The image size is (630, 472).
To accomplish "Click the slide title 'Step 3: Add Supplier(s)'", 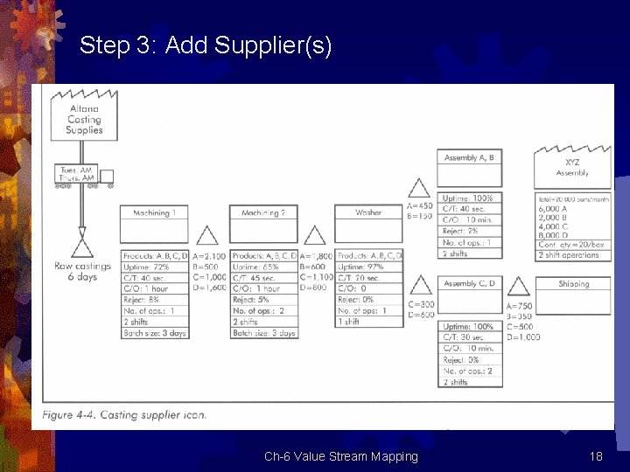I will (x=206, y=45).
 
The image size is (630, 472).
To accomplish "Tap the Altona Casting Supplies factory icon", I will (x=84, y=118).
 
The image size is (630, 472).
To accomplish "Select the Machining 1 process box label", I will (x=154, y=213).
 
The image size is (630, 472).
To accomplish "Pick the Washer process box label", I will (x=368, y=213).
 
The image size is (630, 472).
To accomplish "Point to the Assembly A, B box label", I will (x=470, y=158).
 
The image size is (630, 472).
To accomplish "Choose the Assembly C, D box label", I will (x=470, y=284).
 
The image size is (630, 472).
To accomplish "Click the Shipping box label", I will (x=574, y=284).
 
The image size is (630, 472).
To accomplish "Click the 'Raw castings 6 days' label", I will (x=83, y=271).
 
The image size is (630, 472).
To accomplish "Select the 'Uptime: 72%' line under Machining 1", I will (x=154, y=266).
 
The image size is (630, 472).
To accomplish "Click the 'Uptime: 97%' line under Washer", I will (x=368, y=266).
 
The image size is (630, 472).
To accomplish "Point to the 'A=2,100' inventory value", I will (x=210, y=256).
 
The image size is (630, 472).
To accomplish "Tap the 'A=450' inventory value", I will (x=421, y=206).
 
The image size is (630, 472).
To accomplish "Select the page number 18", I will (x=596, y=456).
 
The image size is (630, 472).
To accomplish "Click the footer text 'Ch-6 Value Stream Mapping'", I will (x=341, y=456).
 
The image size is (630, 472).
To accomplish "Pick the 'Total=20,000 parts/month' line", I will (x=574, y=199).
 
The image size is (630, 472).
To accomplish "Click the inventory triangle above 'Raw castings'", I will (x=83, y=244).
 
